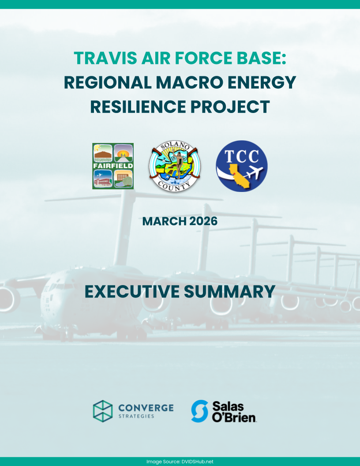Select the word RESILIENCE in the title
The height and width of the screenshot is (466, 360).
(x=138, y=107)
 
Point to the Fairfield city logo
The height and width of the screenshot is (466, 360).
(x=113, y=166)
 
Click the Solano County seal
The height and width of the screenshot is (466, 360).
(x=174, y=166)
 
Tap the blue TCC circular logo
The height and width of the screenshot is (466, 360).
(x=241, y=166)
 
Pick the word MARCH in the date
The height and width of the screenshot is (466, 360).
(x=164, y=222)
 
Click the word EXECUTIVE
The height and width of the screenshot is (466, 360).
(x=132, y=292)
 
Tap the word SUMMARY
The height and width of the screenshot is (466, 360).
(x=229, y=292)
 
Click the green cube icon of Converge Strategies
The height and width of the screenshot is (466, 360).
(x=103, y=411)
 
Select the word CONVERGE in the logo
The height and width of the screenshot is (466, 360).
(x=146, y=408)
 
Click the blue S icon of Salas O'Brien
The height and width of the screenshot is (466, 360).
(x=199, y=411)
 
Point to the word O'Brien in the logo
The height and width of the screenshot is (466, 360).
(x=234, y=417)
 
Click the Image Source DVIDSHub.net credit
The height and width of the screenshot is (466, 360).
(x=180, y=462)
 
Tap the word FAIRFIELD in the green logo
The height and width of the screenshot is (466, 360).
(x=113, y=166)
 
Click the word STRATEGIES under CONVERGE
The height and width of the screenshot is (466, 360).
(x=136, y=416)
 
